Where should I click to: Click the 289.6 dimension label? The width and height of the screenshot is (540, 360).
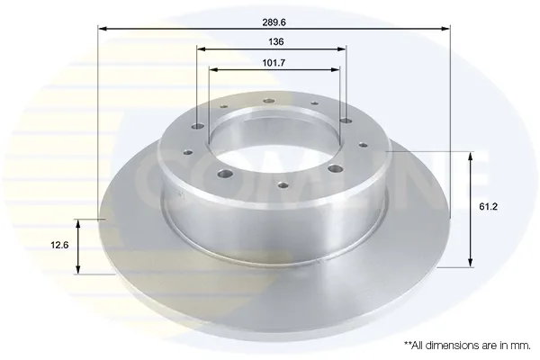coord(274,22)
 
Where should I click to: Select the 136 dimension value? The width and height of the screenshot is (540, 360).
coord(276,41)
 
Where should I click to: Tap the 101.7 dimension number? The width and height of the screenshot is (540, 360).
coord(274,63)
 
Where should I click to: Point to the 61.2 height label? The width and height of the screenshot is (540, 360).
coord(489,207)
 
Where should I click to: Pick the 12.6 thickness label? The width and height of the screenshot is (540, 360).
coord(59,246)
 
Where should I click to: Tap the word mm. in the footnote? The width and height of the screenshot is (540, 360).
coord(521,346)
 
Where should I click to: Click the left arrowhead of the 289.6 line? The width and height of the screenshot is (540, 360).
coord(103,28)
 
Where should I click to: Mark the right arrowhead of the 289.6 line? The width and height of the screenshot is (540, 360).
coord(445,28)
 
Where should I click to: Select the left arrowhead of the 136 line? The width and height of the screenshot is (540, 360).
coord(202,49)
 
